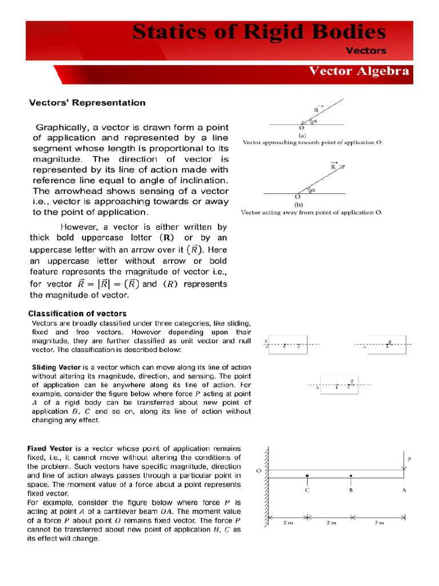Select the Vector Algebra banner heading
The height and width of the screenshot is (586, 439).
coord(358,72)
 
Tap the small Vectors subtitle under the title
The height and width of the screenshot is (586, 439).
coord(366,50)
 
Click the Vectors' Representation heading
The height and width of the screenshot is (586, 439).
coord(87,103)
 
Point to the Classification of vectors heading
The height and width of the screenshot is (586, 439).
coord(78,314)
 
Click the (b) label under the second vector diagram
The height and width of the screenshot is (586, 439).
coord(298,204)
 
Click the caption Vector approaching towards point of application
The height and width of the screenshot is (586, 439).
coord(312,142)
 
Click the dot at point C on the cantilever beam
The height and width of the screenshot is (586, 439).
coord(308,476)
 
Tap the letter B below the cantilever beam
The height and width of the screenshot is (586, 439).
coord(351,490)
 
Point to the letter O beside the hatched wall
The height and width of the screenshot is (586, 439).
coord(258,471)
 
